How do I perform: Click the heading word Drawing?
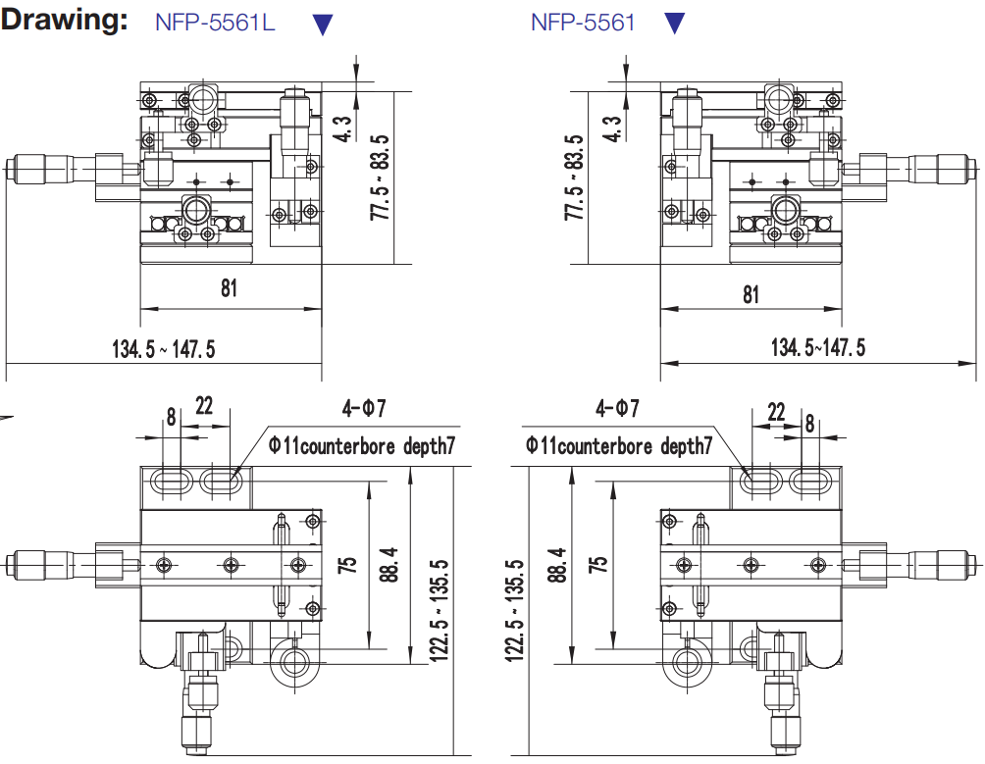[65, 21]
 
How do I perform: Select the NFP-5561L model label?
[215, 23]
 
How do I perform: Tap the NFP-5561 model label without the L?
[583, 23]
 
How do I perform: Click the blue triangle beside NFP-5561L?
[322, 25]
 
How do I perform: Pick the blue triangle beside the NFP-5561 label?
[674, 24]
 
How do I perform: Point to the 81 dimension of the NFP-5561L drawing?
[229, 289]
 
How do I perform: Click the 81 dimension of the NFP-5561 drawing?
[751, 293]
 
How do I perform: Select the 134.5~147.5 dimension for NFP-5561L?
[163, 348]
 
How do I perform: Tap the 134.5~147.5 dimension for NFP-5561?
[818, 347]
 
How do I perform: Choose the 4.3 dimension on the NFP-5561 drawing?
[612, 129]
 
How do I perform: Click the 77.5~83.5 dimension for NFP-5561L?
[380, 178]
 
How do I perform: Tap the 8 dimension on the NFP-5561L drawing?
[171, 416]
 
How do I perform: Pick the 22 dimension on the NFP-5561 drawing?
[776, 413]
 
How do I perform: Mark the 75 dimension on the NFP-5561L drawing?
[345, 564]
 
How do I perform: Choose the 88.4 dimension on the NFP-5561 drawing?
[559, 564]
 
